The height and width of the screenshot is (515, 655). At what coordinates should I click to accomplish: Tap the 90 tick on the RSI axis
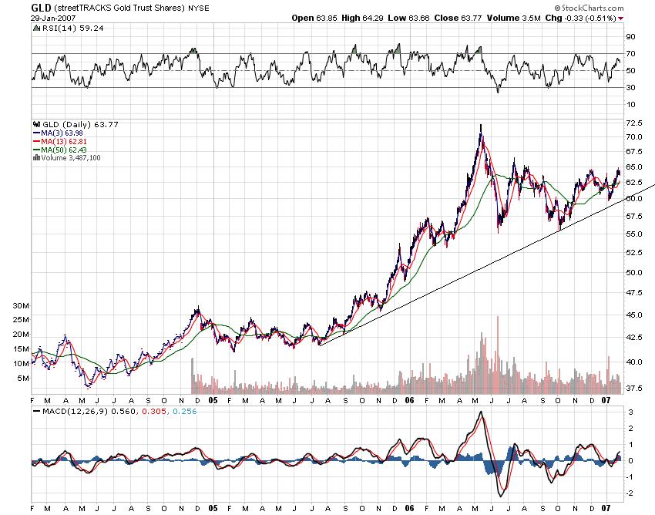(630, 36)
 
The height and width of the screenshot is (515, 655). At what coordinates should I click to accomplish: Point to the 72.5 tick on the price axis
(633, 123)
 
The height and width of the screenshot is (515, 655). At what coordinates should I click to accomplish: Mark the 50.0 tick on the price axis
(633, 272)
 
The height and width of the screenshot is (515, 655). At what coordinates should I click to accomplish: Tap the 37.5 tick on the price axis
(633, 388)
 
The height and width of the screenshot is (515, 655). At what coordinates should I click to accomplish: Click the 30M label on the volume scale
(22, 305)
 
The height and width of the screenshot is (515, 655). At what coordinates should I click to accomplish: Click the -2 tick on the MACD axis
(630, 493)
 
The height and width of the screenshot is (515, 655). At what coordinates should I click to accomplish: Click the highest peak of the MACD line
(480, 412)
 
